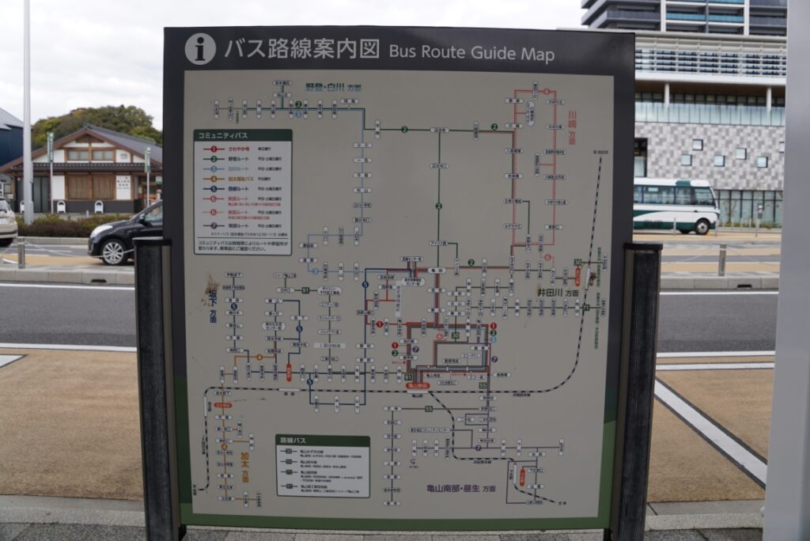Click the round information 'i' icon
(x=200, y=49)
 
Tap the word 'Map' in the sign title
(x=537, y=55)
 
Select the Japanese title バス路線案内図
(x=301, y=49)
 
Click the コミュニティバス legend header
(x=242, y=135)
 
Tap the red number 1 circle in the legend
(x=213, y=149)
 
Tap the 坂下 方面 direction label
(x=212, y=305)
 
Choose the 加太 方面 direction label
(x=245, y=465)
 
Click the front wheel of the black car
(x=114, y=252)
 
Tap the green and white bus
(x=675, y=205)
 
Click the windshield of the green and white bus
(x=704, y=196)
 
